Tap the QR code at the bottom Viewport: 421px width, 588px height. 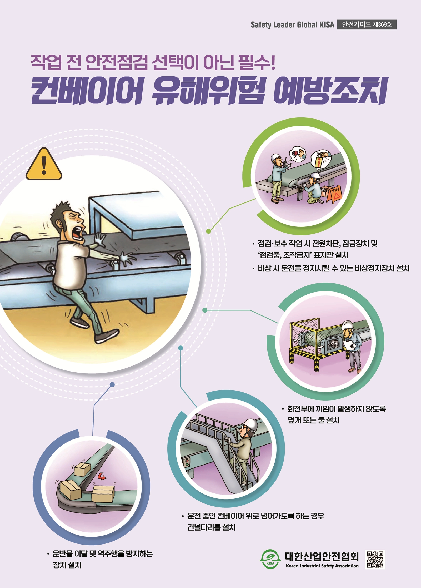tap(375, 560)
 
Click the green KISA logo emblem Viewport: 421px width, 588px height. tap(270, 559)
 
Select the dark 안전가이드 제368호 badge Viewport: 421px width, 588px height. tap(367, 24)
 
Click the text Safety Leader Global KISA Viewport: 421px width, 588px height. tap(292, 25)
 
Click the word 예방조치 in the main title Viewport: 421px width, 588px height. tap(330, 91)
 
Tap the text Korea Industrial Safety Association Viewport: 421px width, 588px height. tap(322, 566)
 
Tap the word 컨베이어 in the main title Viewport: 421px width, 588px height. tap(87, 91)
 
